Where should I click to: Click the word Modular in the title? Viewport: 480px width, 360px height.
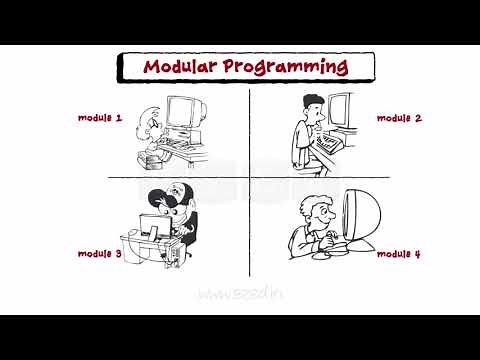coord(181,67)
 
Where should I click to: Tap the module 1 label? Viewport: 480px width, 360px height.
coord(100,118)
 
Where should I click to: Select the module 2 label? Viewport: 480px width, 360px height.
coord(399,118)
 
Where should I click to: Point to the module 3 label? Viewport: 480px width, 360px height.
coord(100,254)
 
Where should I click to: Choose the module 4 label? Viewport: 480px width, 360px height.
coord(399,254)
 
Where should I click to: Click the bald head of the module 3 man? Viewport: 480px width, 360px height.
coord(175,193)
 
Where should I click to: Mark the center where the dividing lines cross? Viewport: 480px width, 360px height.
coord(249,179)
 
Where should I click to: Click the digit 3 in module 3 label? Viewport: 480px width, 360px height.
coord(118,254)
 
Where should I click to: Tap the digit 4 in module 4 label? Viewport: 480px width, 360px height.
coord(417,254)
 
